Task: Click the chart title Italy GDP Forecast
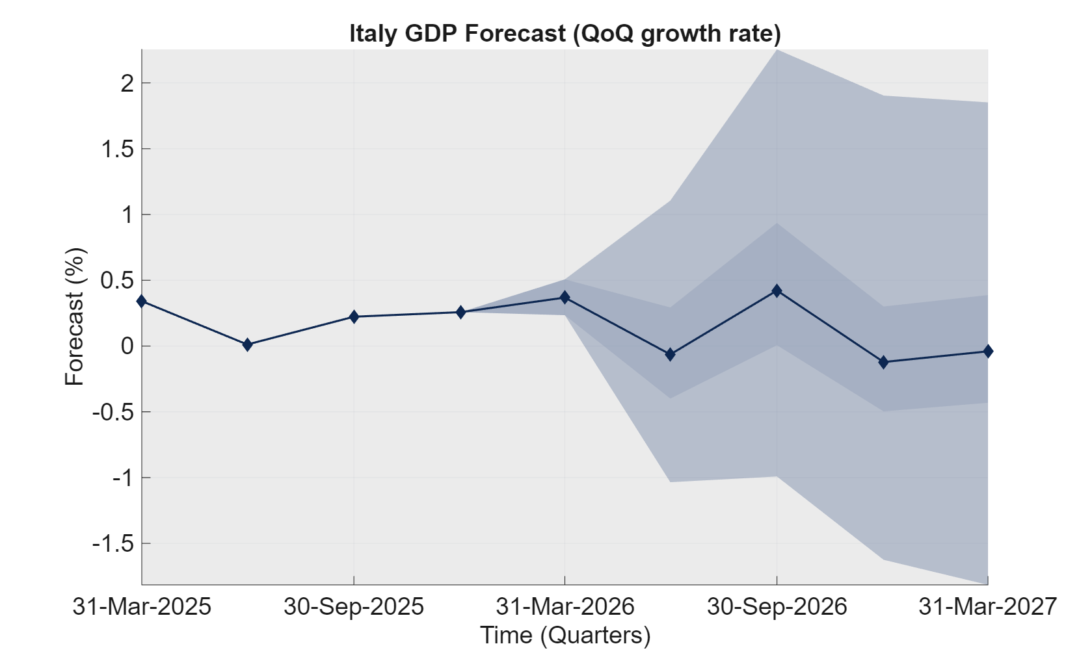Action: (x=565, y=33)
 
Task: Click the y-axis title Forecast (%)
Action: (x=75, y=316)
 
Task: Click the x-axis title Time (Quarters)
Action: (x=565, y=635)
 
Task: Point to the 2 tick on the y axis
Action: (x=127, y=83)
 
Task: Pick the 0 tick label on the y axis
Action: (x=127, y=346)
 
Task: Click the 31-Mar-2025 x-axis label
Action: (x=142, y=606)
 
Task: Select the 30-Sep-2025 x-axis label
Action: (x=353, y=606)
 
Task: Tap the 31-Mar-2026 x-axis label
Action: (x=565, y=606)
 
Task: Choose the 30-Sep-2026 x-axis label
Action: (x=777, y=606)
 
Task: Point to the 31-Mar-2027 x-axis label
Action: (x=987, y=606)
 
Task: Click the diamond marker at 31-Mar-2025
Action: (x=142, y=301)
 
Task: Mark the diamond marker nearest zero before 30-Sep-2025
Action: (x=247, y=344)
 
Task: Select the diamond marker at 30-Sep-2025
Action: (x=353, y=316)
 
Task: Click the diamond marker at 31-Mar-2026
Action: (x=565, y=297)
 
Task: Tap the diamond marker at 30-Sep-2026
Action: (x=777, y=290)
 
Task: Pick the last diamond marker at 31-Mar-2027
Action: (x=987, y=351)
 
